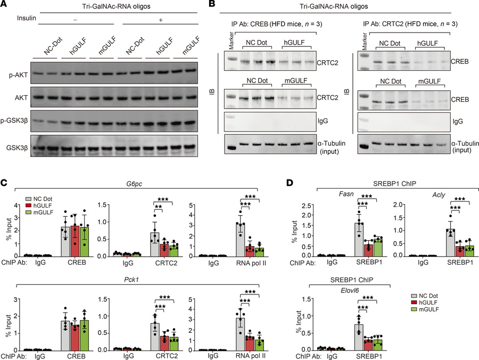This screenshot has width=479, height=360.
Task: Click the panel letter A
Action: pyautogui.click(x=5, y=4)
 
